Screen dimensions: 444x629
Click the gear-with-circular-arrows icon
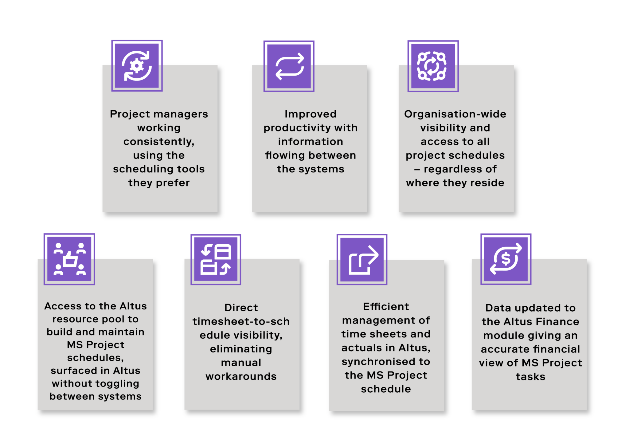pyautogui.click(x=137, y=66)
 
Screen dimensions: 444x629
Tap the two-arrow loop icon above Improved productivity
pyautogui.click(x=289, y=66)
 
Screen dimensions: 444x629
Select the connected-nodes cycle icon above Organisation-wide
pyautogui.click(x=433, y=66)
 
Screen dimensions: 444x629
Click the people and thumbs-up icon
pyautogui.click(x=69, y=259)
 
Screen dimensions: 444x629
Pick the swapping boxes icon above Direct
pyautogui.click(x=216, y=260)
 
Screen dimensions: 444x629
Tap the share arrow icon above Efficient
pyautogui.click(x=362, y=260)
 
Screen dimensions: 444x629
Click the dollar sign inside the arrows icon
pyautogui.click(x=506, y=259)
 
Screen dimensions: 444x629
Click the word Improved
pyautogui.click(x=310, y=114)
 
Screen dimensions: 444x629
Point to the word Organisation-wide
pyautogui.click(x=455, y=114)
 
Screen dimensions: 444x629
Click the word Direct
pyautogui.click(x=241, y=308)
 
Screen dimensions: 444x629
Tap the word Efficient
pyautogui.click(x=386, y=307)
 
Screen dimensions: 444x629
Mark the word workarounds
pyautogui.click(x=241, y=376)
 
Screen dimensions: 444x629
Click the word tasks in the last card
pyautogui.click(x=530, y=377)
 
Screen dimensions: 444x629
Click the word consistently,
pyautogui.click(x=159, y=142)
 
